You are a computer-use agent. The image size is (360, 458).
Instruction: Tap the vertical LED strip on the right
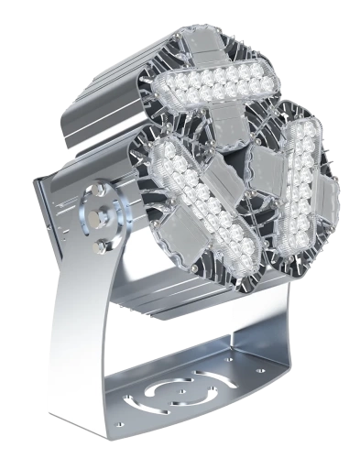(298, 189)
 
